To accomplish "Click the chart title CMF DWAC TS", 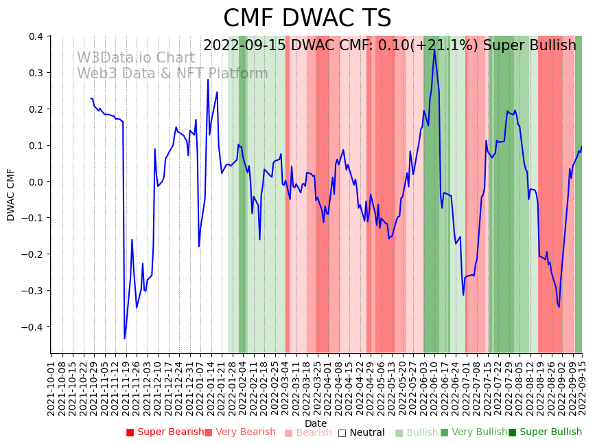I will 307,19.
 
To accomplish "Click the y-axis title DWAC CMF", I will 11,195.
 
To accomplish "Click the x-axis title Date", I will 316,423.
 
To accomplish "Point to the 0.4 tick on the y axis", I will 36,36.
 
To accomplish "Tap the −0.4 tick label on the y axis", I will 33,327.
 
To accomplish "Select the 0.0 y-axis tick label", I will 36,182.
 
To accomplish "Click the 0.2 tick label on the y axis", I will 36,109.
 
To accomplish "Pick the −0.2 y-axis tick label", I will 33,254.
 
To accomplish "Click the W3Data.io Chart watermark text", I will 135,58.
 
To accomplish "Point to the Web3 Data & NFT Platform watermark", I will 172,74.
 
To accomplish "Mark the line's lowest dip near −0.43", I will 125,338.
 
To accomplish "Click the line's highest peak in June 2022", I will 434,49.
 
